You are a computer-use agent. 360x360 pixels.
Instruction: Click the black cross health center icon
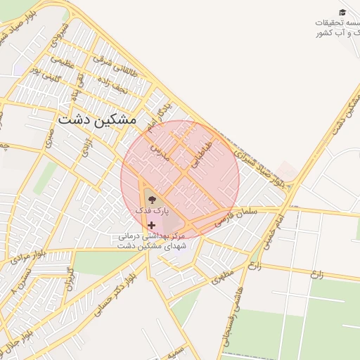(151, 225)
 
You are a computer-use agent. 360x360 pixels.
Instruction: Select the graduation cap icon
(342, 13)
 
